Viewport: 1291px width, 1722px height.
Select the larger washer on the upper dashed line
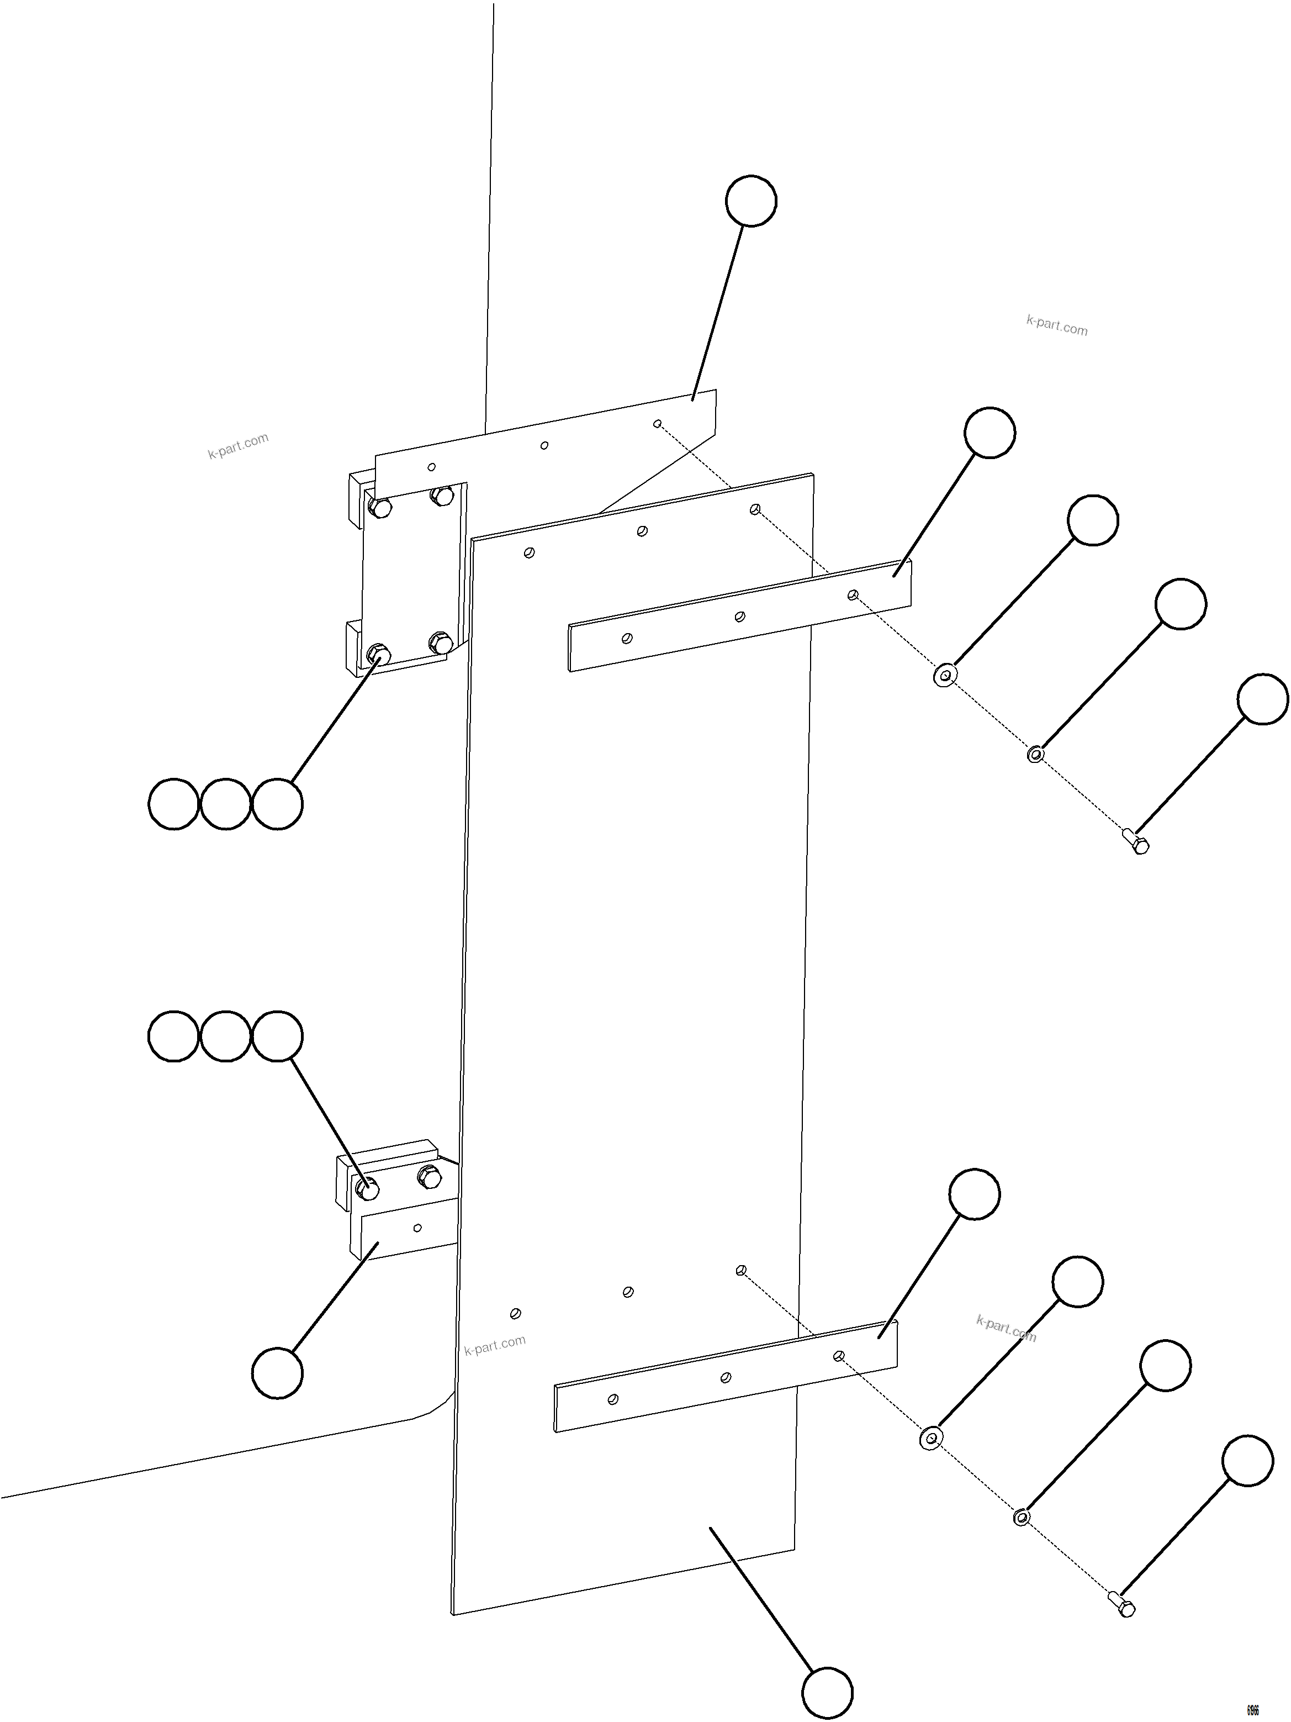[945, 675]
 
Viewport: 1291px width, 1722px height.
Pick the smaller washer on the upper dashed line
[1035, 754]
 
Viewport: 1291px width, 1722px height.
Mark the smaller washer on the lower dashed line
[1022, 1516]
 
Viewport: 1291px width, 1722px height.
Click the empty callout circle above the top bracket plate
[751, 201]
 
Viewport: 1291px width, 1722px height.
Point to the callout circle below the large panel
[827, 1692]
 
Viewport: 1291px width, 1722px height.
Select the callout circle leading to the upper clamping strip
[989, 432]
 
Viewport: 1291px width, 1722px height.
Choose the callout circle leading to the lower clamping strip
[974, 1193]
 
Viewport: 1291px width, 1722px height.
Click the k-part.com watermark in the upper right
[1057, 325]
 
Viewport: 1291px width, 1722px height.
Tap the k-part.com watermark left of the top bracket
[238, 445]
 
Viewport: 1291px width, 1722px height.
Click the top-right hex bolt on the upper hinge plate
[442, 495]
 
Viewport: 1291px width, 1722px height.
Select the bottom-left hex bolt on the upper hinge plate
[378, 652]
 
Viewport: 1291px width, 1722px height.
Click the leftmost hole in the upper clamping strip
[627, 638]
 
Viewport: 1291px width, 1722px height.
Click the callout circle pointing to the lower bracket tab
[277, 1373]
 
